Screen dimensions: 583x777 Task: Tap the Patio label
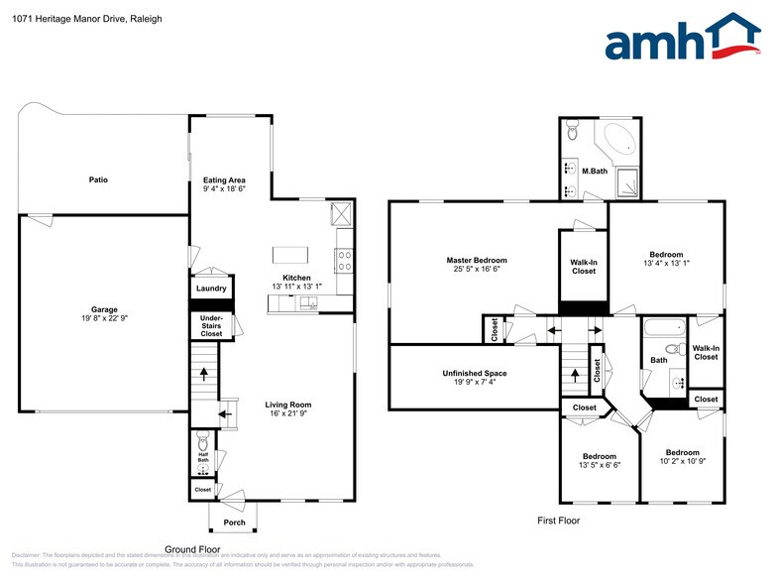pyautogui.click(x=98, y=179)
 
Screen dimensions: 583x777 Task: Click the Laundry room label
pyautogui.click(x=211, y=289)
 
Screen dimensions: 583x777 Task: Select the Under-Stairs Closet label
pyautogui.click(x=211, y=325)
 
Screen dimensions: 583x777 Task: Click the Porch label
pyautogui.click(x=234, y=523)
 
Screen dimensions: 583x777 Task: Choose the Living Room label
pyautogui.click(x=287, y=404)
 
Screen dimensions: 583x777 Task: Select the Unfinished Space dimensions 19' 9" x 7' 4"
pyautogui.click(x=474, y=382)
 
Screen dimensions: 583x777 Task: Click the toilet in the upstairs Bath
pyautogui.click(x=673, y=349)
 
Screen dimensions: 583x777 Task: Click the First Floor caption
pyautogui.click(x=558, y=521)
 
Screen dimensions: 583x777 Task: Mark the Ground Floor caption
pyautogui.click(x=192, y=548)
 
